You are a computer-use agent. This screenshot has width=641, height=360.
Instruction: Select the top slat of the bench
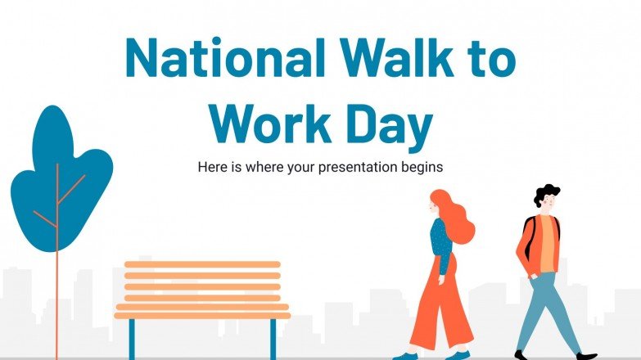tap(202, 264)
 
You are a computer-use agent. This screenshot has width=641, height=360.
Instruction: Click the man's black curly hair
tap(545, 194)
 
